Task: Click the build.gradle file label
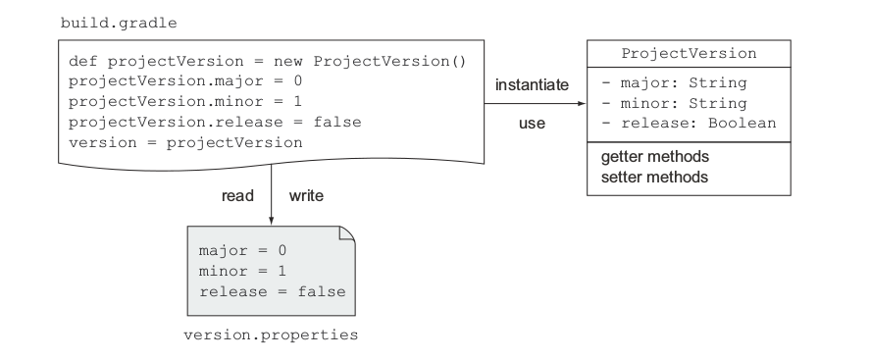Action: [x=119, y=24]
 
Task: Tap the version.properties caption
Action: [x=271, y=335]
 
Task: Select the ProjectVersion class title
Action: [x=689, y=53]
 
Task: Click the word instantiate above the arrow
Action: [x=533, y=85]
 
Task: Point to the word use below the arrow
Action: [x=533, y=124]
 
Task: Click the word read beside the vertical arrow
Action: [x=237, y=196]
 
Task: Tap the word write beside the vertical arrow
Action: [x=306, y=196]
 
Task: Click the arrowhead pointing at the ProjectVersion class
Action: [x=582, y=103]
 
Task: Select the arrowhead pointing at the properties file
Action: [x=271, y=221]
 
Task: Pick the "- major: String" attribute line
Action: [x=675, y=83]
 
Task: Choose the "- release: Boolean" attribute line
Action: [x=689, y=124]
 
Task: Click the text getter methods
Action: [x=655, y=157]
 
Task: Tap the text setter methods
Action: [x=654, y=178]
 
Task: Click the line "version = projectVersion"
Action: [x=185, y=143]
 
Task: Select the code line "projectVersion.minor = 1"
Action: [x=185, y=102]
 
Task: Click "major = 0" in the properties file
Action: [x=242, y=250]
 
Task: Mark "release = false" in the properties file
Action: [x=273, y=291]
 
